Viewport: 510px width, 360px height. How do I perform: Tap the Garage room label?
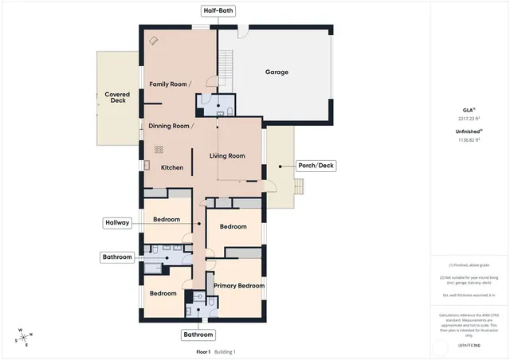[x=277, y=72]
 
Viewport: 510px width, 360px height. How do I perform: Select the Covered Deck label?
[x=117, y=97]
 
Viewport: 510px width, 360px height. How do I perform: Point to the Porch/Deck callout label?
[x=316, y=166]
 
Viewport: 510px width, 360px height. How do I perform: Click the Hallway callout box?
[x=116, y=223]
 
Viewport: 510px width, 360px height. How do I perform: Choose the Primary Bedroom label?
[x=239, y=285]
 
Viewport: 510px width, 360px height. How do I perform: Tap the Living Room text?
[x=227, y=156]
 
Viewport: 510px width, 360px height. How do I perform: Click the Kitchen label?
[x=172, y=168]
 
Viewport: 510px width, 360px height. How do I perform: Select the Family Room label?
[x=170, y=84]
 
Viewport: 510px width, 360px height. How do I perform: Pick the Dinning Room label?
[x=171, y=126]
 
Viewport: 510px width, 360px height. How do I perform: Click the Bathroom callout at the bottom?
[x=198, y=335]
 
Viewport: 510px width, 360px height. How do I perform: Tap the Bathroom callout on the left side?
[x=116, y=257]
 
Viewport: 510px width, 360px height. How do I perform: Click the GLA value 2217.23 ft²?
[x=469, y=118]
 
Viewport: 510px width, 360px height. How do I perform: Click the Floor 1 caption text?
[x=203, y=351]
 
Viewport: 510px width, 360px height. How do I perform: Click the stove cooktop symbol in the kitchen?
[x=159, y=148]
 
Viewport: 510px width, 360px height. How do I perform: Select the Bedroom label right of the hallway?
[x=233, y=227]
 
